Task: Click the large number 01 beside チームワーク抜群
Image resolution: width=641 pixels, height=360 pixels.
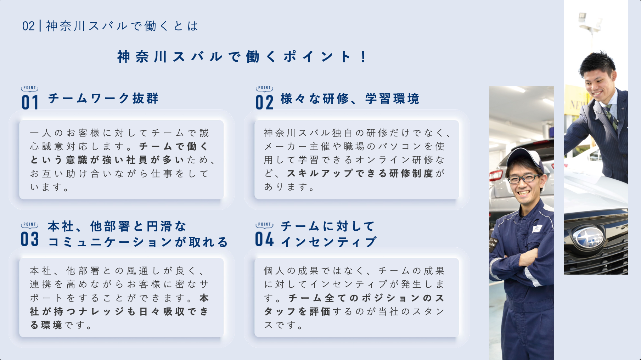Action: click(x=30, y=102)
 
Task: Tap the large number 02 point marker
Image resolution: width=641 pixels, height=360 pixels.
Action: click(x=265, y=102)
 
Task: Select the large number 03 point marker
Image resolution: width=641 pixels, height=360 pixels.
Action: click(x=30, y=239)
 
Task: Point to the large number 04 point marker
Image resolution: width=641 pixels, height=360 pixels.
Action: click(x=265, y=239)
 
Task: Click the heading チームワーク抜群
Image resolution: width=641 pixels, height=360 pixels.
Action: click(x=103, y=98)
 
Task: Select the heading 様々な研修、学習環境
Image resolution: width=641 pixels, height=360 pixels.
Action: click(x=350, y=99)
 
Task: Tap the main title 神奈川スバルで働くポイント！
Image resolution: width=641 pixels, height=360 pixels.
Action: click(x=242, y=57)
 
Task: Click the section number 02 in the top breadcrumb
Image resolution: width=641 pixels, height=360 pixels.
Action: click(x=28, y=26)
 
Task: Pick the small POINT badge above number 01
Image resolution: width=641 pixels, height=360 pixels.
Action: click(x=30, y=88)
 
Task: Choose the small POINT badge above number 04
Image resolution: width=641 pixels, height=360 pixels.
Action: click(x=264, y=225)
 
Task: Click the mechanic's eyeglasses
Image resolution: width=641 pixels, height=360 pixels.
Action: click(x=524, y=178)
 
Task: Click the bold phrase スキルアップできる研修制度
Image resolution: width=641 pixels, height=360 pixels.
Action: click(x=360, y=173)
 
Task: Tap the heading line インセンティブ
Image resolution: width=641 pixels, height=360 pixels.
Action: click(x=329, y=242)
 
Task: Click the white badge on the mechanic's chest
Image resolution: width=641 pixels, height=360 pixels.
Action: click(x=537, y=229)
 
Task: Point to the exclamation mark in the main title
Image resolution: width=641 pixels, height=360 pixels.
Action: click(x=364, y=57)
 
